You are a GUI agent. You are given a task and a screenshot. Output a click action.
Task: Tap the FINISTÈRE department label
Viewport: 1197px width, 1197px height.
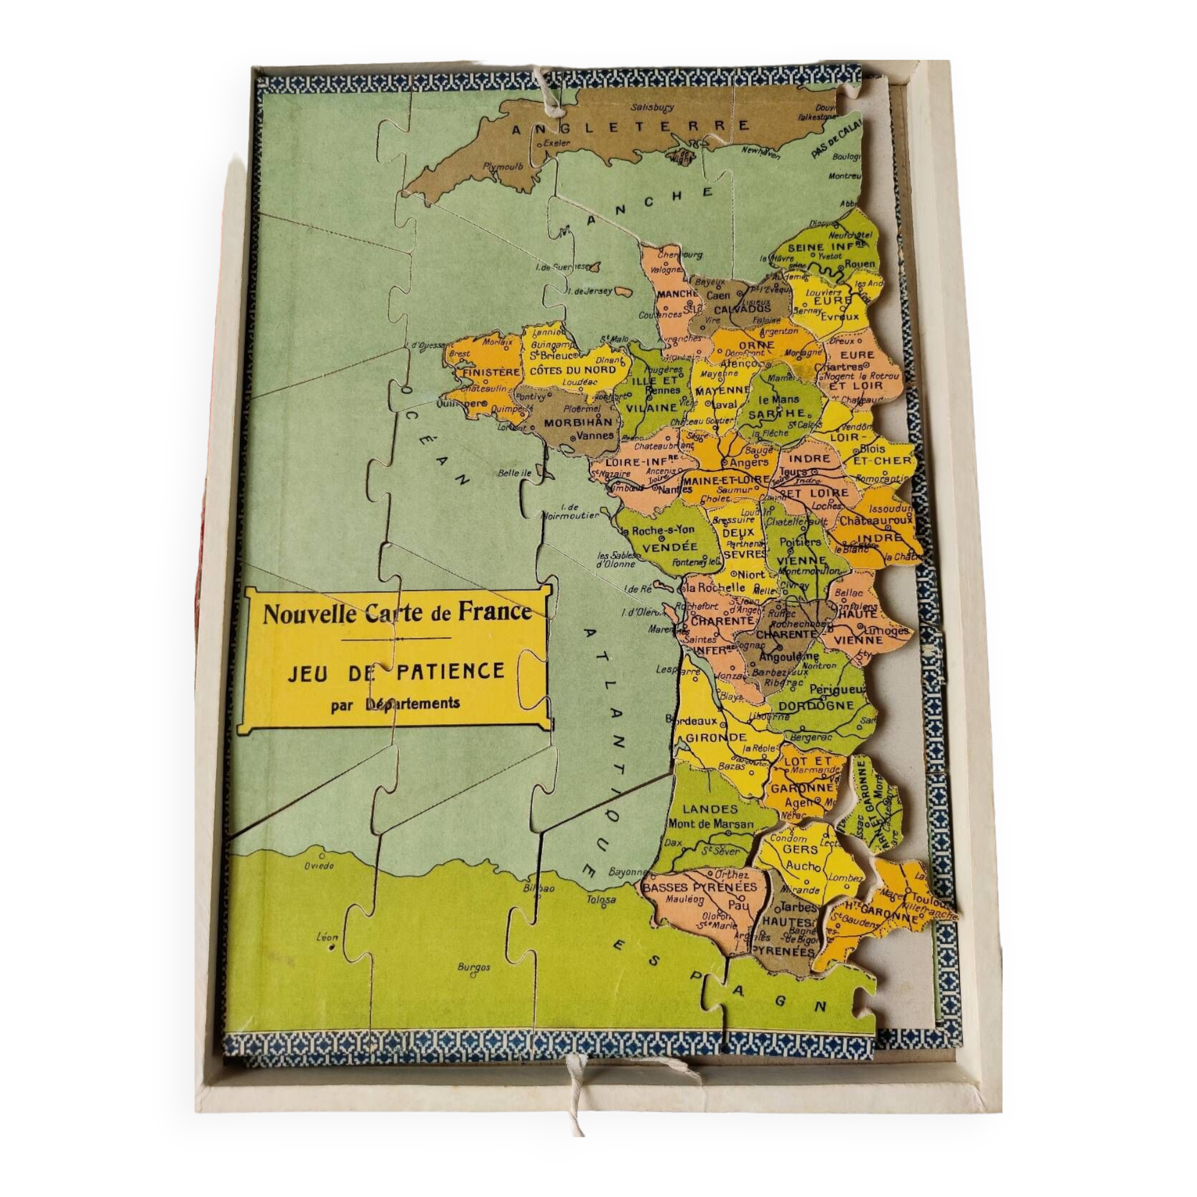(488, 372)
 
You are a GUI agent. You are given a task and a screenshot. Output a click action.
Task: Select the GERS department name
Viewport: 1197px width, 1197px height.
(800, 849)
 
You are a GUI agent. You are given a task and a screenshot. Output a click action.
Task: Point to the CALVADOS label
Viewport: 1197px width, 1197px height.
(742, 309)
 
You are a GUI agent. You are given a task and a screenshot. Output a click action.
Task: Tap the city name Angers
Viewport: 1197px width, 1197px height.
(749, 462)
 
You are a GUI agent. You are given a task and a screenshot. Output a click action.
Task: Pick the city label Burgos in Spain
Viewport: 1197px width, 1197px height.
(474, 967)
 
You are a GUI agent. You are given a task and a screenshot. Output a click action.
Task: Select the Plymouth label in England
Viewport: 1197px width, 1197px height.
(503, 166)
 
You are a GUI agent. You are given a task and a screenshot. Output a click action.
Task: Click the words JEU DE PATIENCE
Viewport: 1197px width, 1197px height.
(395, 672)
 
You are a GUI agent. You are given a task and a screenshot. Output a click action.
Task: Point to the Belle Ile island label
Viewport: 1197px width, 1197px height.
(514, 473)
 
